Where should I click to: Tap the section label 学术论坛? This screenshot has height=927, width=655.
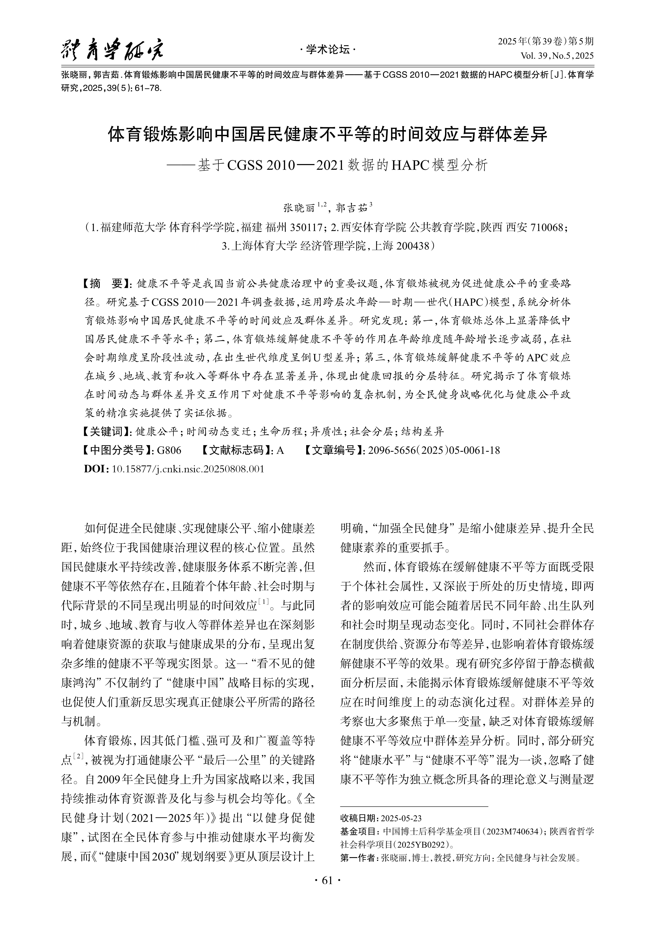tap(327, 50)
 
